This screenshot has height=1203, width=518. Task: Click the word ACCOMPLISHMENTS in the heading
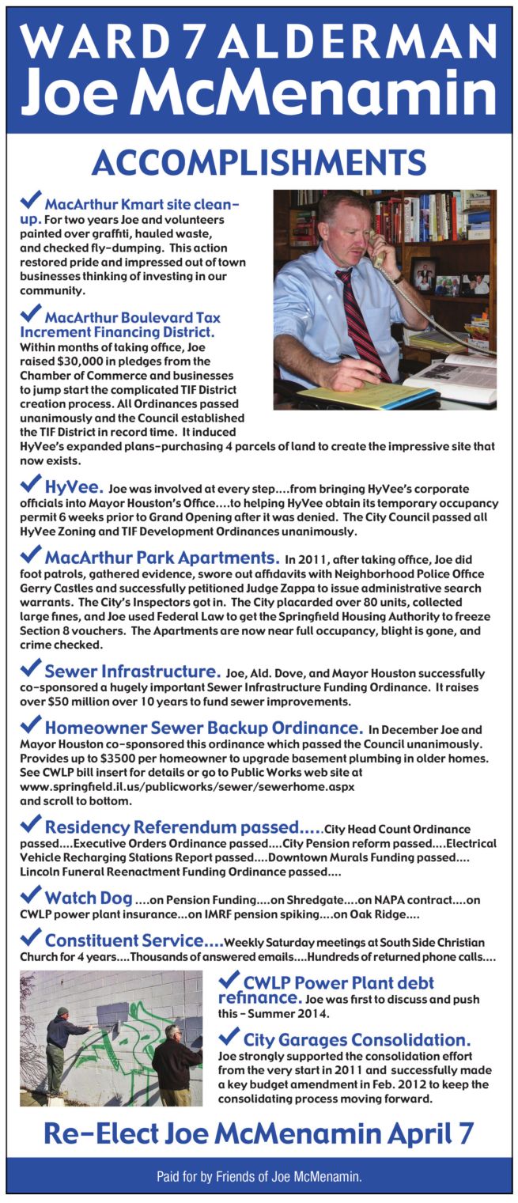click(x=259, y=162)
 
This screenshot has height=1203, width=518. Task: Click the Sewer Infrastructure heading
click(x=133, y=671)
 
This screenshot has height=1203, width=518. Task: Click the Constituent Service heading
click(x=134, y=940)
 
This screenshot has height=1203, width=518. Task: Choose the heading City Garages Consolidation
click(x=357, y=1039)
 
